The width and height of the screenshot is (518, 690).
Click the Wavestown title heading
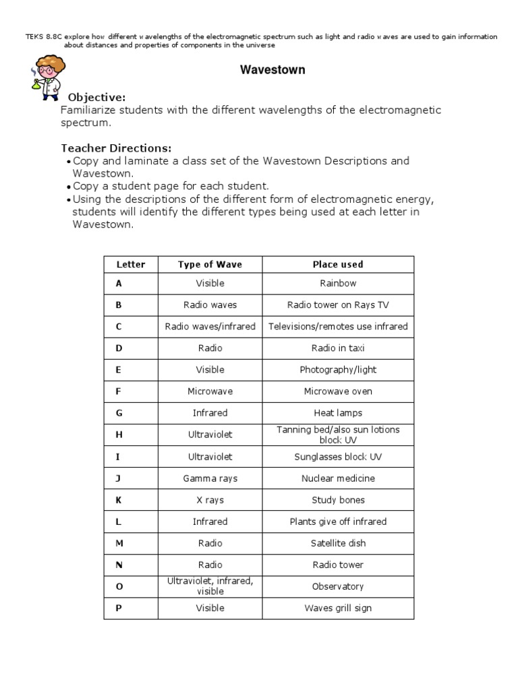(272, 70)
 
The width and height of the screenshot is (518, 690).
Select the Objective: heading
(96, 98)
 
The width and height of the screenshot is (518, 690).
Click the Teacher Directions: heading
(116, 148)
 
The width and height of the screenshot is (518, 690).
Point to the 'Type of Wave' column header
(210, 265)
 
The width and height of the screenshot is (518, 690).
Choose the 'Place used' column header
(338, 265)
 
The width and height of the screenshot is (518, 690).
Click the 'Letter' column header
(131, 265)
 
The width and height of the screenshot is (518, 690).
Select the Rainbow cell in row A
(338, 284)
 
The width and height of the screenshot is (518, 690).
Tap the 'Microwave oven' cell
(338, 391)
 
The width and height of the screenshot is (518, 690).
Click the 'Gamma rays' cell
(210, 478)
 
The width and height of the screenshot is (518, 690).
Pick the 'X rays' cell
(210, 500)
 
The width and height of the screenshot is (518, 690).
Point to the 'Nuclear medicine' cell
(338, 478)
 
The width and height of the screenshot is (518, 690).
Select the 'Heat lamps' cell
(338, 413)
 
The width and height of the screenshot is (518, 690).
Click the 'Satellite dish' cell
(338, 543)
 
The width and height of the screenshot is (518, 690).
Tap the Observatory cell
(338, 586)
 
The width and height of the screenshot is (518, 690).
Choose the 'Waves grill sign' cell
(338, 608)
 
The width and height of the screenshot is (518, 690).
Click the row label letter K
(119, 500)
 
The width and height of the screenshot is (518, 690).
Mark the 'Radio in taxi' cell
(338, 348)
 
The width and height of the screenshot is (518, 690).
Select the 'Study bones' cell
(338, 500)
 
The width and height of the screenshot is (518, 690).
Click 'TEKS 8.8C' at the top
(42, 36)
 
